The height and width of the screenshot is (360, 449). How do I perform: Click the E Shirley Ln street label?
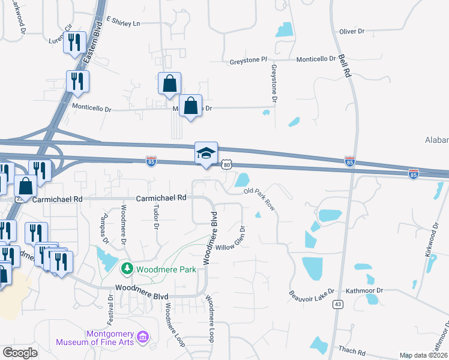[122, 22]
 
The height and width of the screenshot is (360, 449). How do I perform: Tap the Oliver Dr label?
[352, 31]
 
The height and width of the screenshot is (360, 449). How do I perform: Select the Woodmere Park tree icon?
[126, 267]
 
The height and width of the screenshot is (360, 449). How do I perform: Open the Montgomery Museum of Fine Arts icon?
[143, 337]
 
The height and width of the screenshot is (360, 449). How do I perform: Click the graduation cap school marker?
[205, 154]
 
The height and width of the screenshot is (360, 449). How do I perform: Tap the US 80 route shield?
[225, 164]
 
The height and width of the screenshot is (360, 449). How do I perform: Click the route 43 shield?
[339, 305]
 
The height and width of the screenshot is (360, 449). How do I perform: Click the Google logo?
[20, 353]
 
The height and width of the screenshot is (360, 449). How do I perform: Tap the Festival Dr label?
[110, 308]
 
